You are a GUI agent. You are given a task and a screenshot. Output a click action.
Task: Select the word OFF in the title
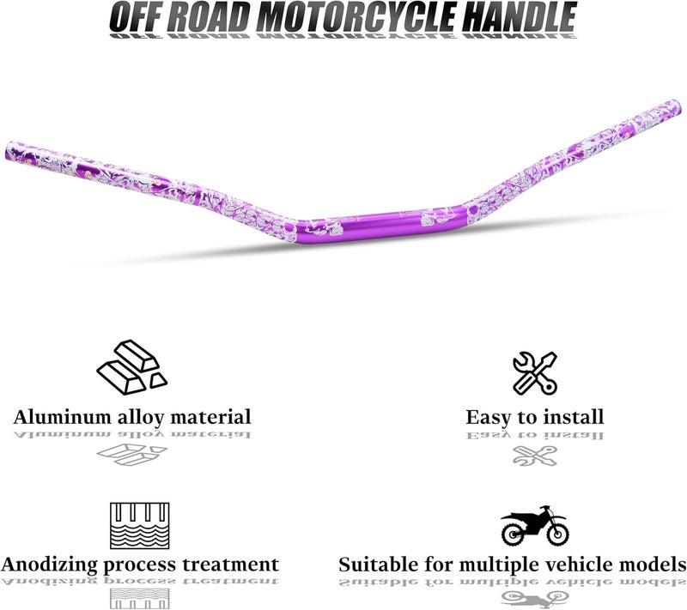click(x=136, y=16)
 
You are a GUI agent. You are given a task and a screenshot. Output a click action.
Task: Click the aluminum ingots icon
click(x=131, y=364)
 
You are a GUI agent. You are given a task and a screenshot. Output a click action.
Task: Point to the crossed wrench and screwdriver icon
click(x=534, y=371)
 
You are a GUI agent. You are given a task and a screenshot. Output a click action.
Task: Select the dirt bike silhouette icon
click(x=534, y=526)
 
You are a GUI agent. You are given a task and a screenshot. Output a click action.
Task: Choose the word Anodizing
click(x=52, y=565)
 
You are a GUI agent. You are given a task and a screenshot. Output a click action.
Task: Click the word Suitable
click(x=377, y=565)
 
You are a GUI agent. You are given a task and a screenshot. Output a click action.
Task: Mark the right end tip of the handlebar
click(x=675, y=107)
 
